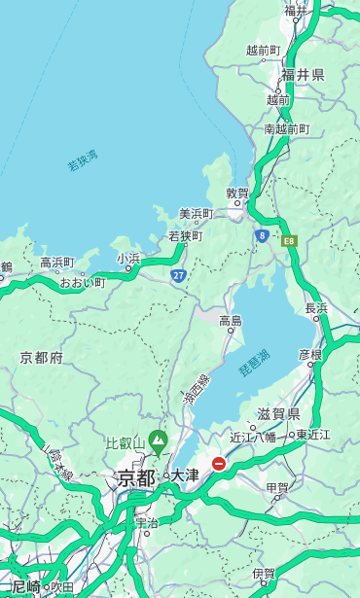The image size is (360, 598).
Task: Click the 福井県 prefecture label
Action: [x=303, y=75]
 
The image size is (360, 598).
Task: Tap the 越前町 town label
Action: [x=264, y=50]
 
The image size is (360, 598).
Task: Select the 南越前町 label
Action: [x=286, y=128]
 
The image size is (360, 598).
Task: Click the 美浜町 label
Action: [x=197, y=214]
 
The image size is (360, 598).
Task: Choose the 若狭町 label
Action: [x=185, y=235]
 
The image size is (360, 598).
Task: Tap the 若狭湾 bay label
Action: [x=83, y=159]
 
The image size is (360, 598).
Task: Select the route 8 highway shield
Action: [x=262, y=235]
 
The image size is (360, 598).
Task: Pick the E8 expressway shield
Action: [x=289, y=240]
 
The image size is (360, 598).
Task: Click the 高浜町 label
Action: [x=56, y=263]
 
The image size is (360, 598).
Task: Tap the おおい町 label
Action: [x=83, y=282]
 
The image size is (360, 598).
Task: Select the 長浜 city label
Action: [x=316, y=308]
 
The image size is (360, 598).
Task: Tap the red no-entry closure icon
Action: [x=219, y=465]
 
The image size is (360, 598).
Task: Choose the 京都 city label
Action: [x=136, y=477]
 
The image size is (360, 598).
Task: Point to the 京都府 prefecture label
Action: [x=42, y=358]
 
